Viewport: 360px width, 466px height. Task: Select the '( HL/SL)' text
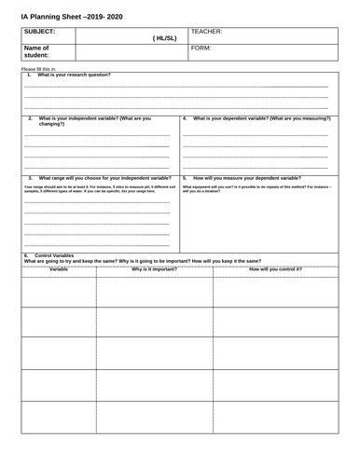[x=162, y=37]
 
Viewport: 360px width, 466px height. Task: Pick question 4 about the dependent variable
[x=261, y=118]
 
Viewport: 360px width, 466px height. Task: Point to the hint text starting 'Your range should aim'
[x=98, y=189]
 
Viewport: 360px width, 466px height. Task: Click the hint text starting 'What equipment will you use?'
[x=257, y=189]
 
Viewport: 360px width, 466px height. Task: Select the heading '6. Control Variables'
[x=51, y=254]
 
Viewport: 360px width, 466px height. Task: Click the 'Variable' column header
[x=58, y=269]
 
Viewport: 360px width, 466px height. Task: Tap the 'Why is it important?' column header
[x=154, y=269]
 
